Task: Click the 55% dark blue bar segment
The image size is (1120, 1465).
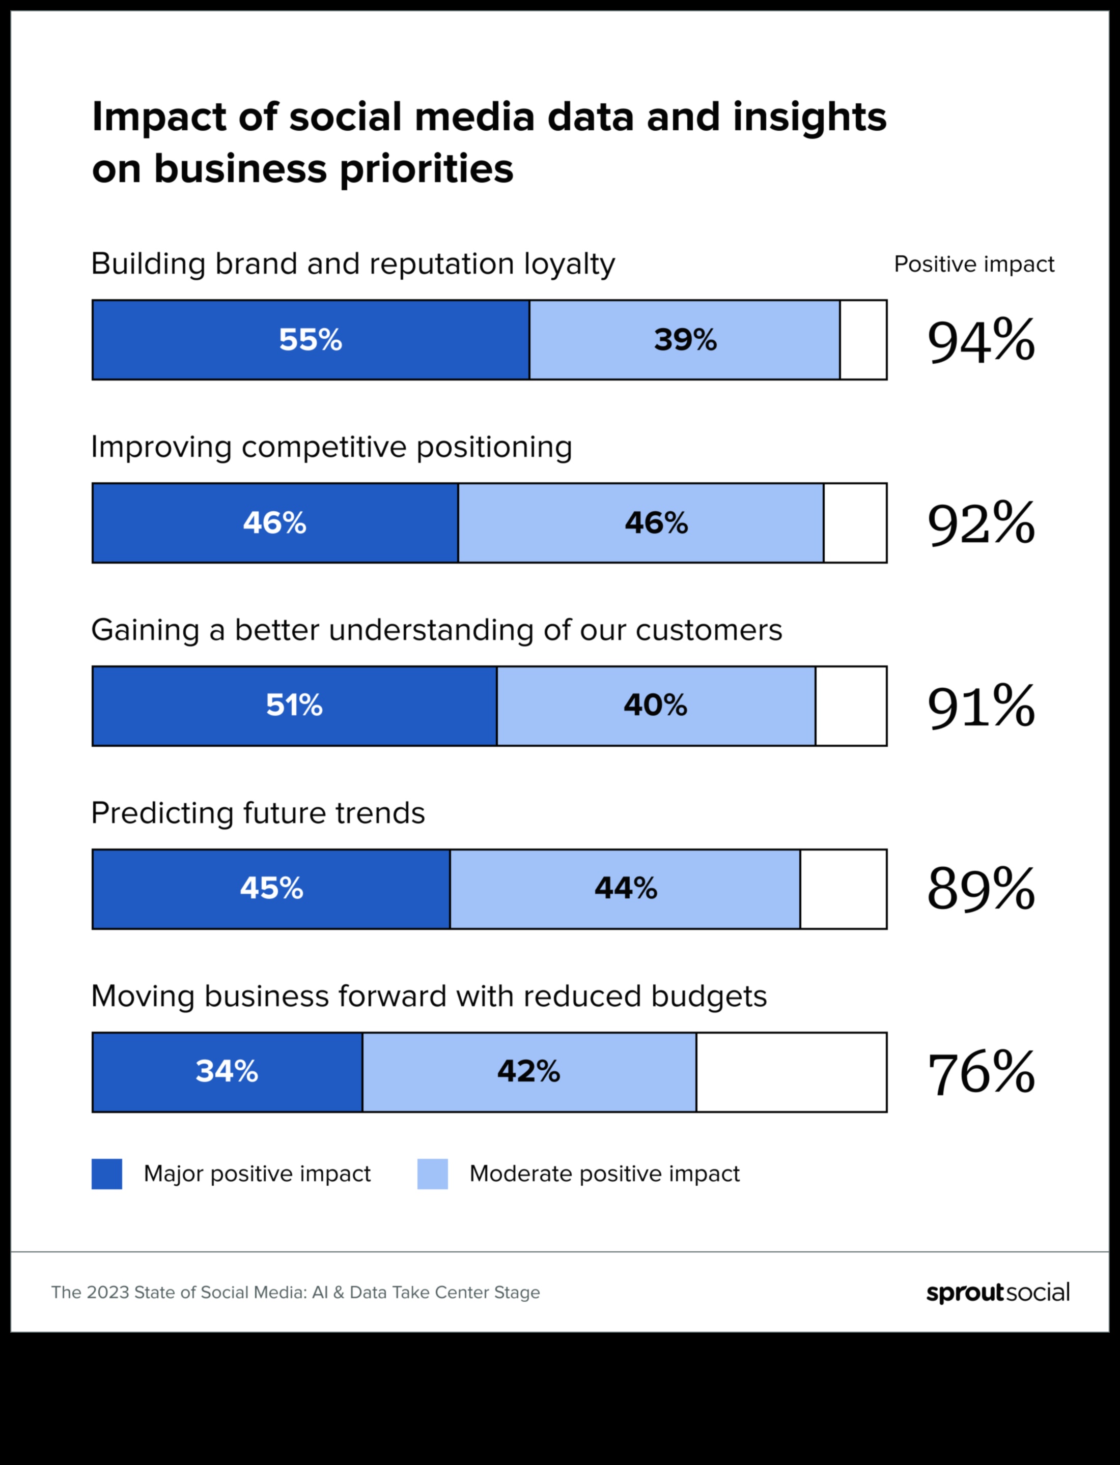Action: tap(311, 340)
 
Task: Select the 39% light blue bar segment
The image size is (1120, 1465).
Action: tap(685, 340)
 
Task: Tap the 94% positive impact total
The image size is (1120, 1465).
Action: tap(981, 341)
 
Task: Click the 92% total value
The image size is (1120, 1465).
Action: tap(981, 523)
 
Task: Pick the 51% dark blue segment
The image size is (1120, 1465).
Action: tap(294, 706)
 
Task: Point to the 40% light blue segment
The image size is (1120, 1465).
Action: tap(655, 706)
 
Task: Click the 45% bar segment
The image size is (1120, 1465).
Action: tap(271, 889)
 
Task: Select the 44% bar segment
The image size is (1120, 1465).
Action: tap(625, 889)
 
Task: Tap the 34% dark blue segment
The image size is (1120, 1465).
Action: tap(227, 1072)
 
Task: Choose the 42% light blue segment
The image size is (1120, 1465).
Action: tap(528, 1072)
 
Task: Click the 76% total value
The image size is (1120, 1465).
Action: tap(981, 1073)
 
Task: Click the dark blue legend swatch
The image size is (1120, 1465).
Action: tap(107, 1174)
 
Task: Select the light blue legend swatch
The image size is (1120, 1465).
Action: tap(433, 1174)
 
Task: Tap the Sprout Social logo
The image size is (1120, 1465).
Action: tap(998, 1293)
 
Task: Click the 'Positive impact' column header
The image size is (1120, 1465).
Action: tap(974, 265)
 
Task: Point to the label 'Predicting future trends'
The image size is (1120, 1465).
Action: tap(258, 813)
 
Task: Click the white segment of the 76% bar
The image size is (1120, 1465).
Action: tap(791, 1072)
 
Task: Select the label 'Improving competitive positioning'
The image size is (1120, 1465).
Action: tap(331, 447)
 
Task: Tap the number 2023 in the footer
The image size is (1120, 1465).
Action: tap(108, 1293)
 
